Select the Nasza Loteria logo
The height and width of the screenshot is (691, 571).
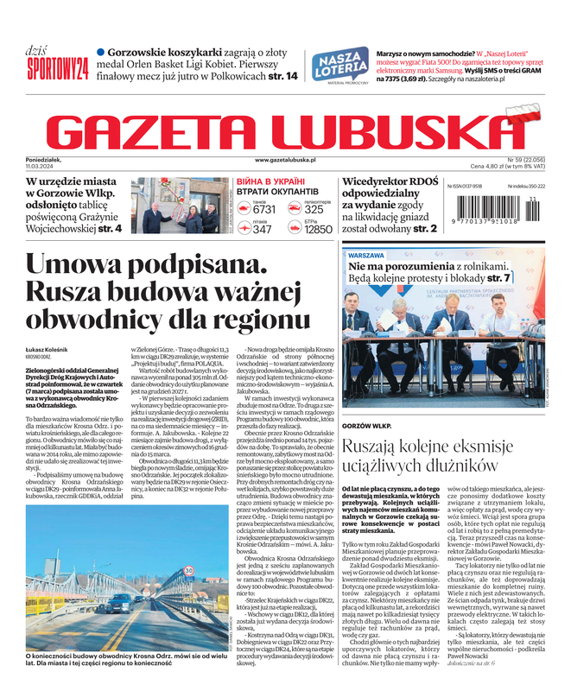[x=338, y=64]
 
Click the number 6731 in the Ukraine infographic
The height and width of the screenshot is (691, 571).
[x=264, y=209]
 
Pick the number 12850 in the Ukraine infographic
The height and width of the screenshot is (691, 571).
[x=318, y=230]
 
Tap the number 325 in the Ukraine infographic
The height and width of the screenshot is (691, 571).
[x=314, y=209]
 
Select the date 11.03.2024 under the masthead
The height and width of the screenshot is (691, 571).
[x=64, y=168]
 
